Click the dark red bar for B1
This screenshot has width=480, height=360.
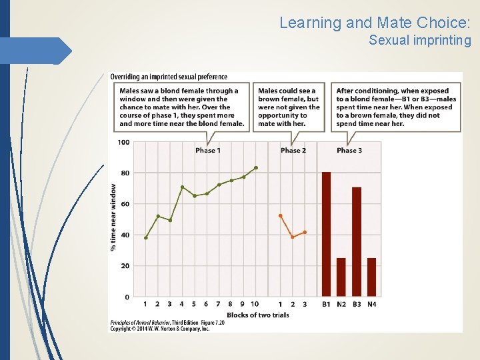326,234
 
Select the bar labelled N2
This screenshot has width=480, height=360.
341,277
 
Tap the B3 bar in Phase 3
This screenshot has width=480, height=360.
357,242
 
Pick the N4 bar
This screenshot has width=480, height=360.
371,277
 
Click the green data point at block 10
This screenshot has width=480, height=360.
255,168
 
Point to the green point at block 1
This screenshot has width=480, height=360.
146,237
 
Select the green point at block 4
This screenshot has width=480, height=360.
182,187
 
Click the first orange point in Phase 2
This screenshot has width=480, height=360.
281,216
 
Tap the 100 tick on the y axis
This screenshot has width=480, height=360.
123,142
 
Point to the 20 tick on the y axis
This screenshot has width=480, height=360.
125,265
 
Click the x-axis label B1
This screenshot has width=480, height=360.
326,305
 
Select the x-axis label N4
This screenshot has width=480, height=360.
371,305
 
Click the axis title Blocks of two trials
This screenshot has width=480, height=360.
258,315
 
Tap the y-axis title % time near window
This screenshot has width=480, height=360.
113,217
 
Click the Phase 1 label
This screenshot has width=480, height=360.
208,151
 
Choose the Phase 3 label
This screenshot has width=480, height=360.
349,151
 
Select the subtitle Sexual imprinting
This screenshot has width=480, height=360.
420,41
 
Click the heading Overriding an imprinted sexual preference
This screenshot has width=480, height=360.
169,77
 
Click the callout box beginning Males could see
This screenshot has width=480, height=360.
289,107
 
